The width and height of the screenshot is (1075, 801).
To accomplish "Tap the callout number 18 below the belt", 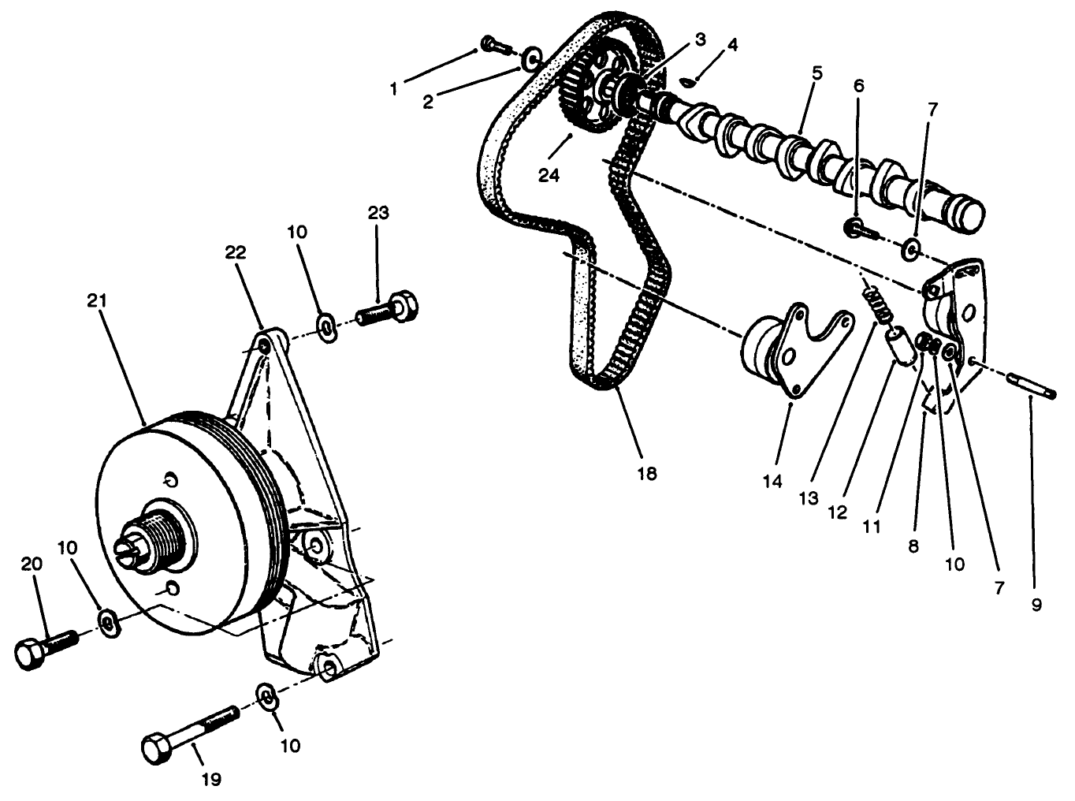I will tap(647, 474).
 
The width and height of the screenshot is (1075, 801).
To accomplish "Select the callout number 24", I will tap(549, 175).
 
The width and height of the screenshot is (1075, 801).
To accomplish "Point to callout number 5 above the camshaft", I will tap(816, 74).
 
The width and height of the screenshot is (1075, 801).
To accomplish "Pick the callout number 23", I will tap(378, 213).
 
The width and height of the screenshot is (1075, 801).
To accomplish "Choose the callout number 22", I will tap(236, 252).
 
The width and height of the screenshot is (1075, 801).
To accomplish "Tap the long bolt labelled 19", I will tap(189, 732).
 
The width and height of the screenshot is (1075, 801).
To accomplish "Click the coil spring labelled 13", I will tap(876, 304).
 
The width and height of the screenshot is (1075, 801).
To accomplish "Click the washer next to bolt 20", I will tap(108, 623).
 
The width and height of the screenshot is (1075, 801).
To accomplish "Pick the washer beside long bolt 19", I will tap(268, 697).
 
